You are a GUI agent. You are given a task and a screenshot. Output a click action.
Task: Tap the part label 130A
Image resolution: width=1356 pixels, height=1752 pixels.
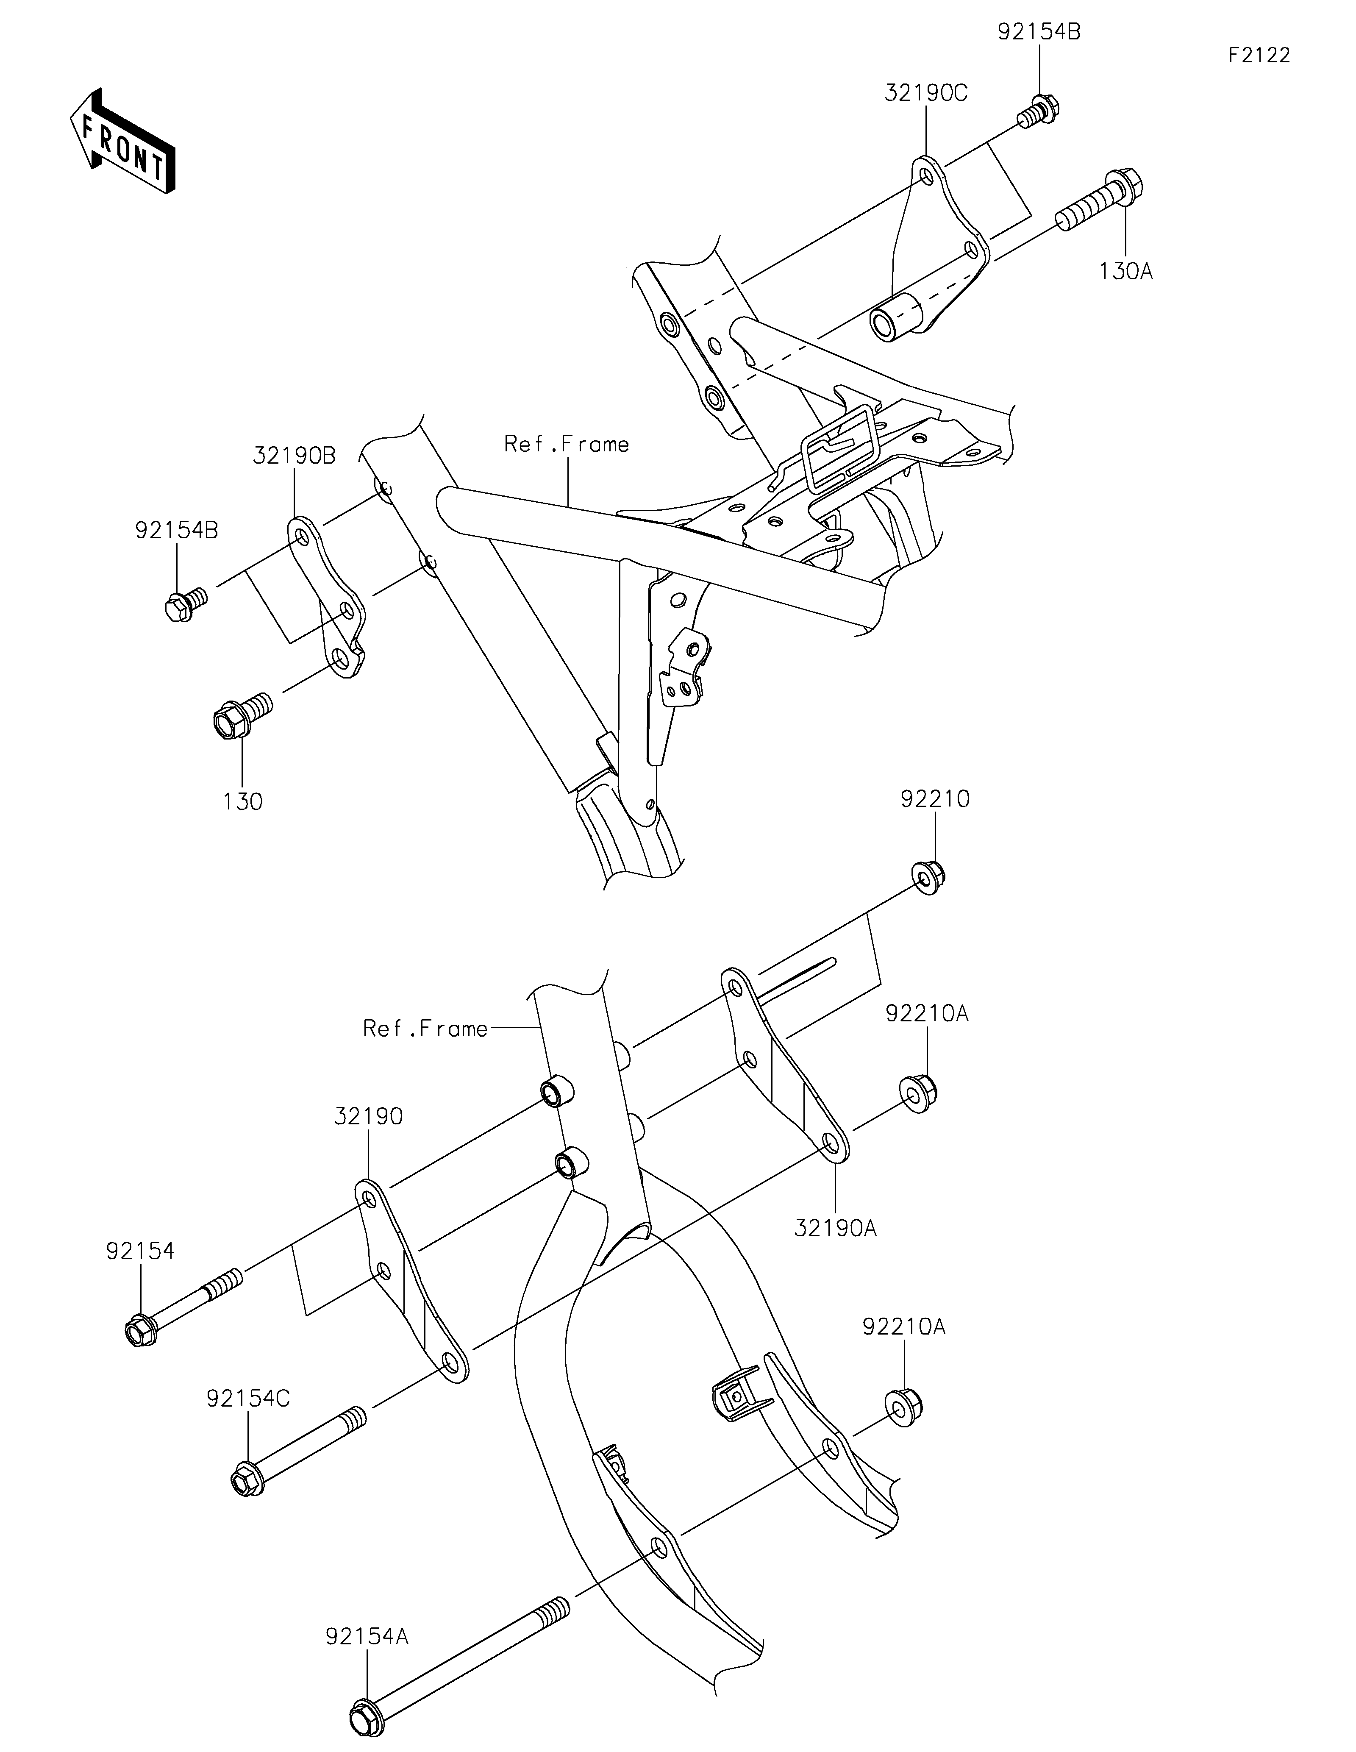point(1126,272)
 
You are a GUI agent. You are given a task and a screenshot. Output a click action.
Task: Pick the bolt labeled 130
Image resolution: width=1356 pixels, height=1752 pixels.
point(241,714)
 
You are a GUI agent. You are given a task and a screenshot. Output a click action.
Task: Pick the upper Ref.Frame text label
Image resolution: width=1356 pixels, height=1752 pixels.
point(566,444)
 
